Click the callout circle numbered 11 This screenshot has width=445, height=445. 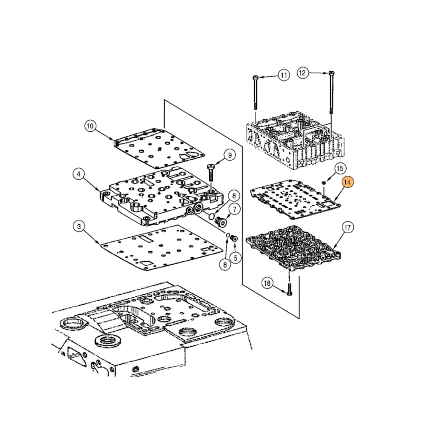284,75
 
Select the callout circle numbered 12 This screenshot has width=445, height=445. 303,73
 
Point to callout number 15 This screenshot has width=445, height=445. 340,168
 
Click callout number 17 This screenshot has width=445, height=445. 348,228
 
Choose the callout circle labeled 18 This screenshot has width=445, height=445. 267,283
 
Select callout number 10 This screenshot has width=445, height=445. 90,126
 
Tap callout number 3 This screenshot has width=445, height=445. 78,227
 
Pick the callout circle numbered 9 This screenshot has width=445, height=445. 230,155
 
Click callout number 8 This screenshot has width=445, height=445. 232,196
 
